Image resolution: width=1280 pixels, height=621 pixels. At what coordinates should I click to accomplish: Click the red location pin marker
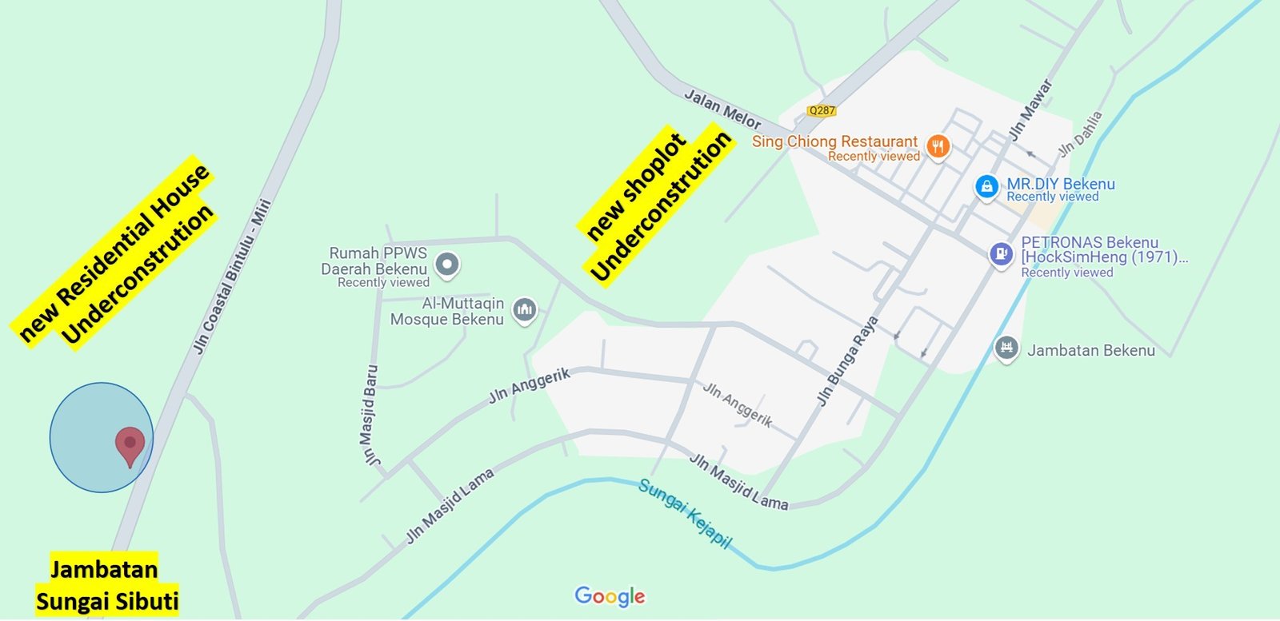(x=130, y=443)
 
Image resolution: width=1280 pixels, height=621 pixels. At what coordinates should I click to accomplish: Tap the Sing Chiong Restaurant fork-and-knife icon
(x=938, y=146)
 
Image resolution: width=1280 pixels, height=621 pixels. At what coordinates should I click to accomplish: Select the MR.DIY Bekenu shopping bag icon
(x=986, y=186)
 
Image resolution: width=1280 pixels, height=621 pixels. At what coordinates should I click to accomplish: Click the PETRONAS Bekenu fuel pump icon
(x=1001, y=254)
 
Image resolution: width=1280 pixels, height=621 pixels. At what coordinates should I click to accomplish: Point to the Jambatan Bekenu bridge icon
(x=1006, y=348)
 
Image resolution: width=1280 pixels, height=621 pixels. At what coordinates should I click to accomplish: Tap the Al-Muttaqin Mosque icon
(x=525, y=309)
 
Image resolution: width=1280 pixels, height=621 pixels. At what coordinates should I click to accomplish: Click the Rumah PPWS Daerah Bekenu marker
(x=447, y=263)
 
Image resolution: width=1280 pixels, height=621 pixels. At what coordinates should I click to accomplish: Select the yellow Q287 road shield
(x=822, y=111)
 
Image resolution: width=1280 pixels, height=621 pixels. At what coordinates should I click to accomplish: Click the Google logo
(x=610, y=596)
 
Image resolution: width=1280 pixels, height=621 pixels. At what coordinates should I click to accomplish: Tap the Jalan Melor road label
(x=722, y=109)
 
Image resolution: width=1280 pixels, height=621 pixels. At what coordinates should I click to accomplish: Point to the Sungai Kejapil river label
(x=685, y=513)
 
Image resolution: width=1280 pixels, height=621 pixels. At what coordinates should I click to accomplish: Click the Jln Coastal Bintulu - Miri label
(x=232, y=277)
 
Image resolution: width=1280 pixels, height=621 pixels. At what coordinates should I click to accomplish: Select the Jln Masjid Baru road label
(x=370, y=415)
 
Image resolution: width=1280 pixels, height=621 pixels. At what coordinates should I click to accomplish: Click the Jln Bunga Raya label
(x=847, y=360)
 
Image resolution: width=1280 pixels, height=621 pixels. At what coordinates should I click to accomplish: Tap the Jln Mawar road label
(x=1030, y=109)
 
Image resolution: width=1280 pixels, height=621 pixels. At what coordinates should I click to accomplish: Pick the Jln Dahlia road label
(x=1081, y=133)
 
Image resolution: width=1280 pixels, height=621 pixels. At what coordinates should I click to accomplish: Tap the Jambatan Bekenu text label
(x=1090, y=350)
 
